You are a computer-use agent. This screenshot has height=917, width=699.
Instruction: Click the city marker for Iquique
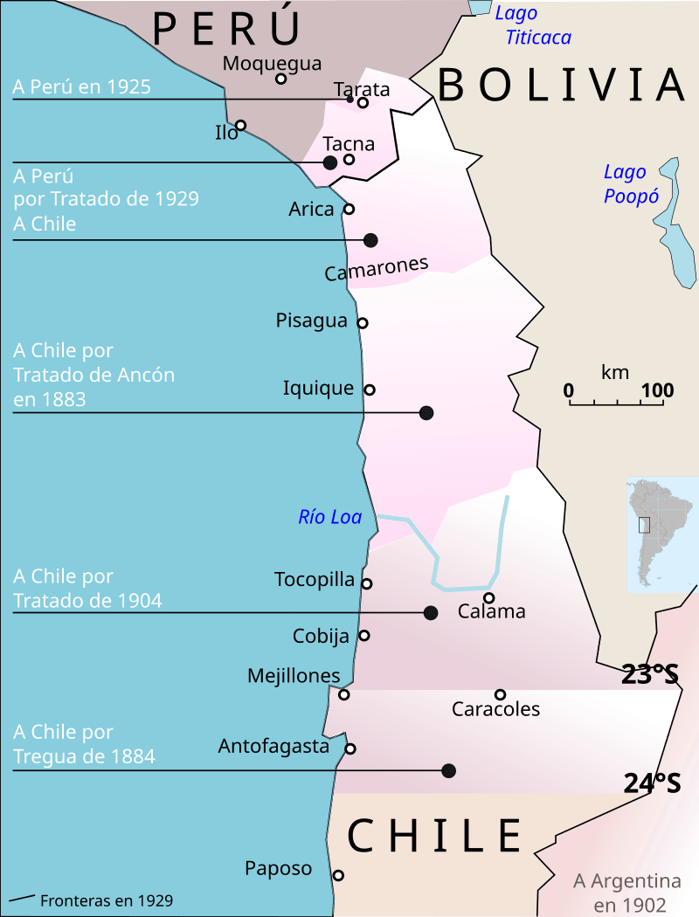pyautogui.click(x=370, y=390)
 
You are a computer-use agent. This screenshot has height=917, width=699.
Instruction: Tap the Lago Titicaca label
pyautogui.click(x=533, y=25)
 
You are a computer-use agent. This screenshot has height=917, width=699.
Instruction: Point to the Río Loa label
pyautogui.click(x=329, y=517)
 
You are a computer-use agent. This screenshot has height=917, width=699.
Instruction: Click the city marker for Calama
pyautogui.click(x=489, y=598)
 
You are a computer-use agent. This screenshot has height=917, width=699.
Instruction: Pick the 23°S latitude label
pyautogui.click(x=650, y=674)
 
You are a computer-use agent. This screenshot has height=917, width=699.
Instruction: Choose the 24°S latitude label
pyautogui.click(x=652, y=783)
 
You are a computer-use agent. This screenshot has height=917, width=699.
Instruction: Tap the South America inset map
pyautogui.click(x=661, y=533)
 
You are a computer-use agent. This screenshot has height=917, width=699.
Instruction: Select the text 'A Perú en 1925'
pyautogui.click(x=82, y=86)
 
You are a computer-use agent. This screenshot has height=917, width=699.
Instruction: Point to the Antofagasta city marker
pyautogui.click(x=350, y=748)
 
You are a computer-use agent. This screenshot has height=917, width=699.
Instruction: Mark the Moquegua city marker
pyautogui.click(x=280, y=79)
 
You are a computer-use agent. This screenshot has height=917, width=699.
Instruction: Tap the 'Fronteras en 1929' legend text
pyautogui.click(x=107, y=900)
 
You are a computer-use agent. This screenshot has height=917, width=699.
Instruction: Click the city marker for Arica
pyautogui.click(x=349, y=209)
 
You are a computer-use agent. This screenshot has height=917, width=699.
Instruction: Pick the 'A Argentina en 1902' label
pyautogui.click(x=627, y=893)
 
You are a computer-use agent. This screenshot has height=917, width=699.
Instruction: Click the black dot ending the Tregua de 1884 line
pyautogui.click(x=449, y=770)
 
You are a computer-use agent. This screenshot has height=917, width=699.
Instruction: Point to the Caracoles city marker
pyautogui.click(x=500, y=695)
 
